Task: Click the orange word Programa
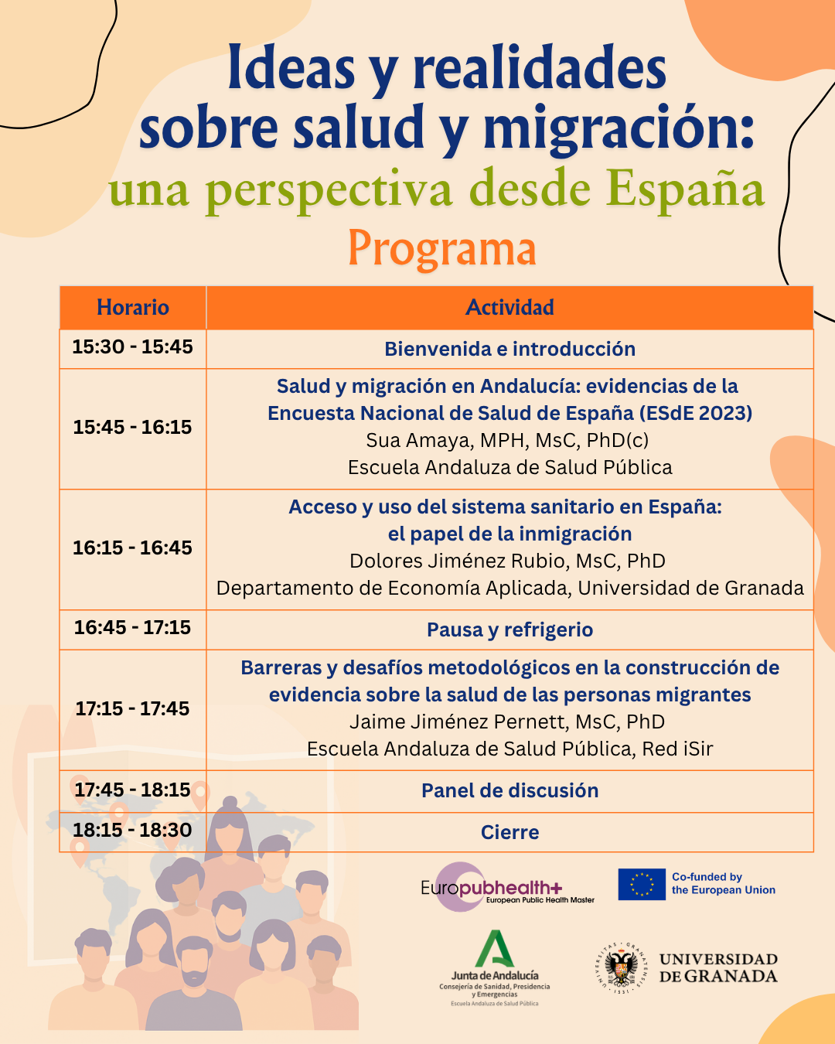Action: (441, 249)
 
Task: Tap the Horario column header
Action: (133, 308)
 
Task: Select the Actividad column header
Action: (510, 308)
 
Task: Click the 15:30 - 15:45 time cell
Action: (133, 347)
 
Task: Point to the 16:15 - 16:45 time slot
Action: (133, 548)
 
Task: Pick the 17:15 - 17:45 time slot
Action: (133, 708)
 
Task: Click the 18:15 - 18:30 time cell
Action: (133, 831)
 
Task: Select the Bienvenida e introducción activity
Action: (510, 350)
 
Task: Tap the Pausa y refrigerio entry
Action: (510, 630)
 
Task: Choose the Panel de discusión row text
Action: (510, 791)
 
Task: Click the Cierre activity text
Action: (510, 833)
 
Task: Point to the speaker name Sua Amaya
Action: (418, 441)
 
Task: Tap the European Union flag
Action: (642, 885)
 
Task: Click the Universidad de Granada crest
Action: (621, 967)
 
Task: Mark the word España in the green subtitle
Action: (685, 189)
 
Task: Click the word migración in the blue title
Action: (619, 128)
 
